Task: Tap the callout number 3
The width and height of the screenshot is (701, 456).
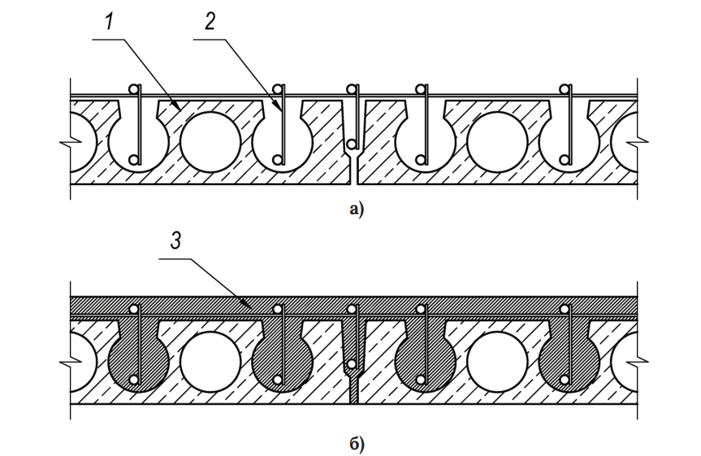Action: (x=176, y=241)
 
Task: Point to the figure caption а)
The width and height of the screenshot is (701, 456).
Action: (x=357, y=209)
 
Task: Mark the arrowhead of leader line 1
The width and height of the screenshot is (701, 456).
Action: (x=179, y=107)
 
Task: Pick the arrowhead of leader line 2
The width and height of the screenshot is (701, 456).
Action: (x=281, y=107)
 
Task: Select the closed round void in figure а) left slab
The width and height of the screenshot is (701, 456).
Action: (x=210, y=142)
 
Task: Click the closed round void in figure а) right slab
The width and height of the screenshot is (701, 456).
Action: (x=497, y=142)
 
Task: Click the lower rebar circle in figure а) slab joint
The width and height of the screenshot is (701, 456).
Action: (x=353, y=144)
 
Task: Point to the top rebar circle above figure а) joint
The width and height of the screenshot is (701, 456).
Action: (x=353, y=89)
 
